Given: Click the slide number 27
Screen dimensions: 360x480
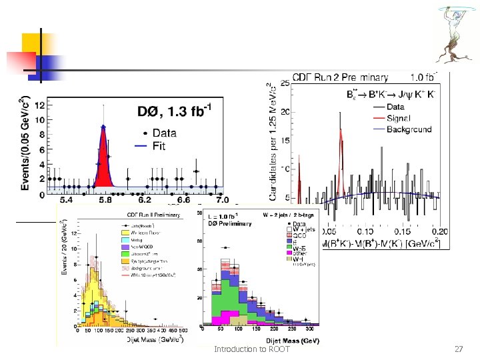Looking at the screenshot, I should click(x=457, y=349).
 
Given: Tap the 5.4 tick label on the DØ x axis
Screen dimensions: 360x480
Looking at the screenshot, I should click(x=67, y=199).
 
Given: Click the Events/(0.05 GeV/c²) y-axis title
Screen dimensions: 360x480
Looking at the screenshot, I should click(x=27, y=145).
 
